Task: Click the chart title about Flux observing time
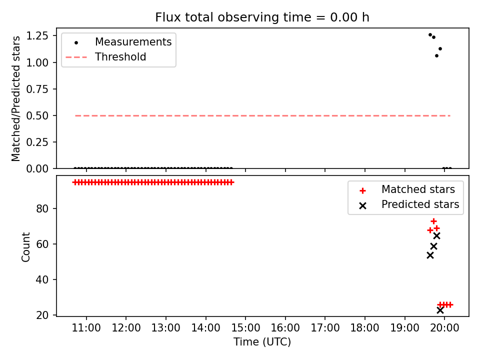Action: [262, 17]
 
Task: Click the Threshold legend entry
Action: [106, 56]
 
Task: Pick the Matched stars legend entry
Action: [407, 189]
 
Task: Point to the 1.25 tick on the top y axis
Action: [37, 36]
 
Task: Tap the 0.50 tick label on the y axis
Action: [37, 115]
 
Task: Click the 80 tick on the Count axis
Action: [42, 208]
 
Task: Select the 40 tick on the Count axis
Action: [42, 279]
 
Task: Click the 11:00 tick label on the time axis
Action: [86, 328]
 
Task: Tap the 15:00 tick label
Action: [245, 328]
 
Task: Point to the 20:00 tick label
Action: [444, 328]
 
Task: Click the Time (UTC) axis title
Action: [262, 341]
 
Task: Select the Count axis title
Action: [25, 247]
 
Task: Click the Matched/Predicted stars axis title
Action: [15, 98]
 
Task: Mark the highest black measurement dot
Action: [430, 35]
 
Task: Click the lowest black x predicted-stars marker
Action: [440, 310]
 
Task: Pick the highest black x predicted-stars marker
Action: [437, 235]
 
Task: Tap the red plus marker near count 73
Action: [433, 221]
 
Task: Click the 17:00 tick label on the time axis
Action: [325, 328]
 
